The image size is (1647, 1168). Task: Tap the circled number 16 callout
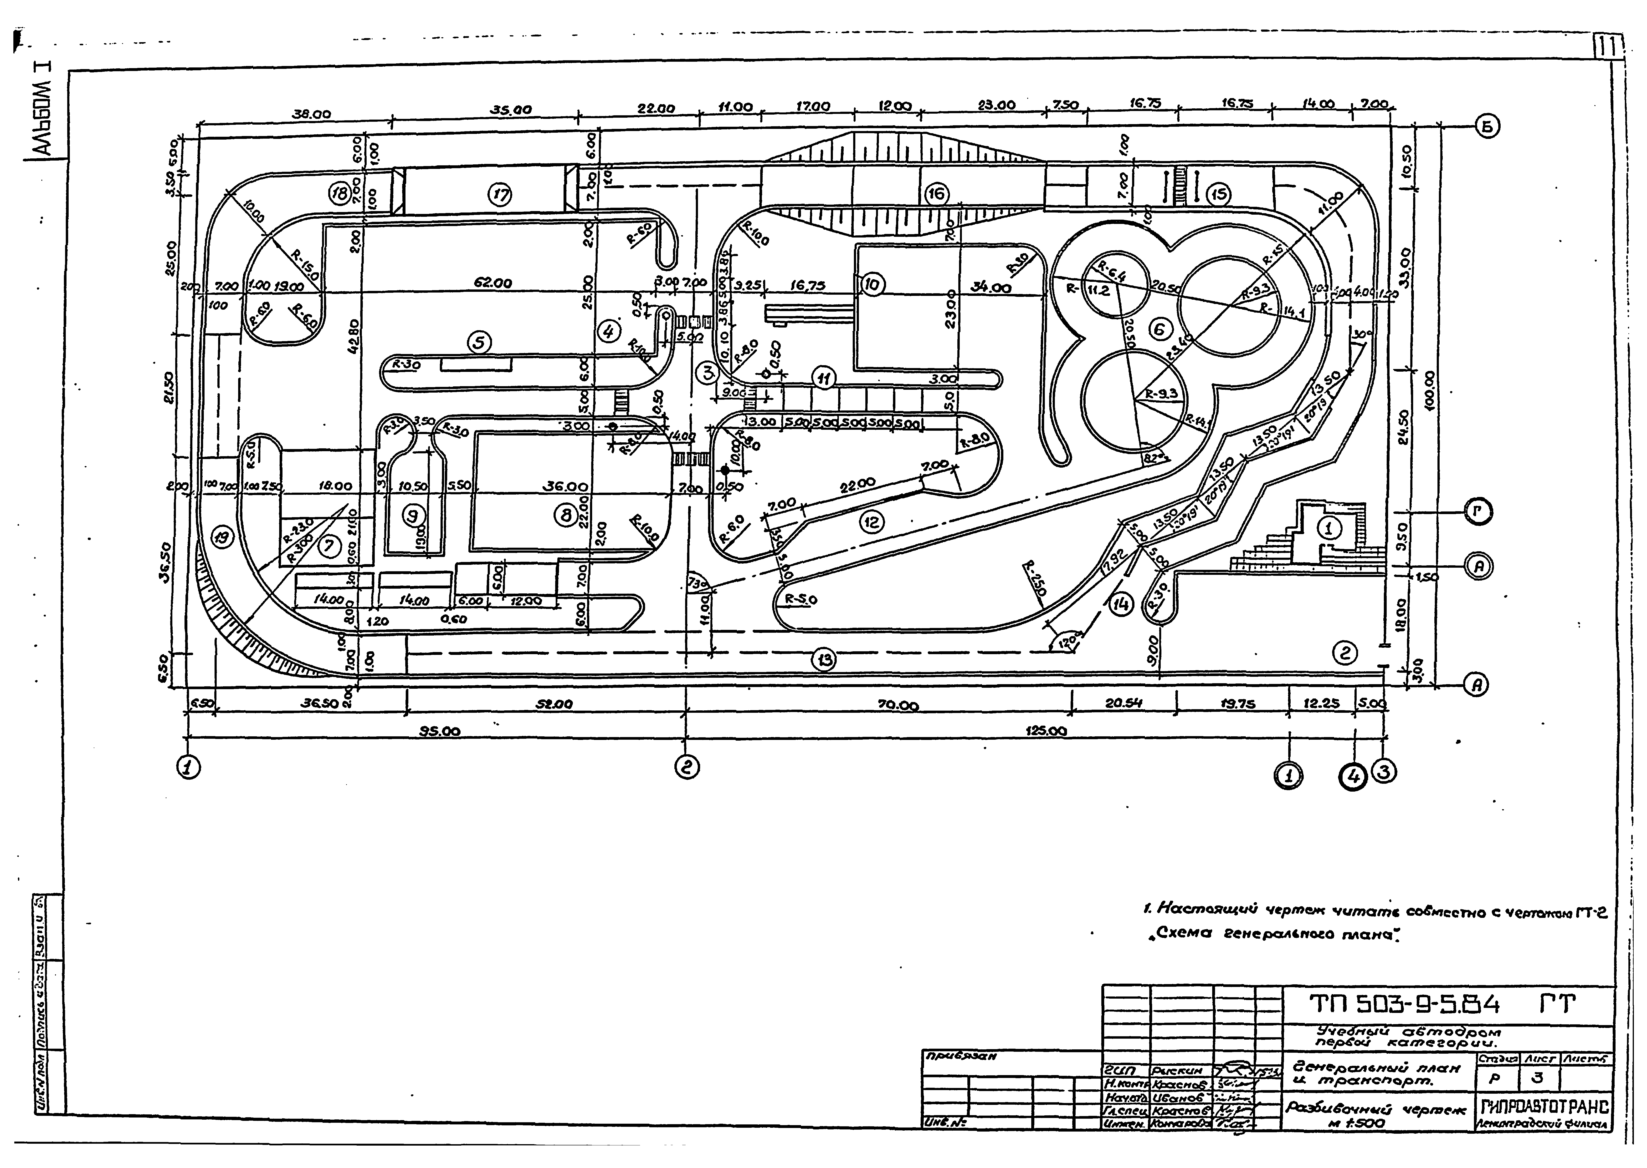coord(936,194)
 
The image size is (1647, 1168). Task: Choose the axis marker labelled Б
coord(1487,126)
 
